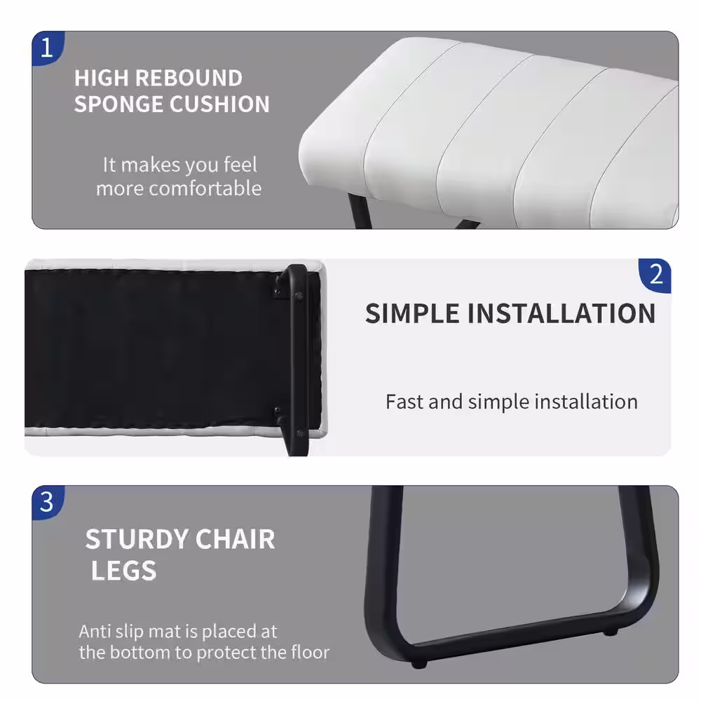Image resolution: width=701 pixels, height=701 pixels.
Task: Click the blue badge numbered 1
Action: click(x=48, y=48)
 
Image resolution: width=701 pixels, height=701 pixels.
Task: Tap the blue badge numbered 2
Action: click(x=655, y=275)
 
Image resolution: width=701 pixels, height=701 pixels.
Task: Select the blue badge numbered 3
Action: click(x=48, y=502)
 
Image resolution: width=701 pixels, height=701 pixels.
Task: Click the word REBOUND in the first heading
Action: click(x=189, y=79)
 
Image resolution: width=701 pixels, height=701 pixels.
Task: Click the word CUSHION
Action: click(x=219, y=104)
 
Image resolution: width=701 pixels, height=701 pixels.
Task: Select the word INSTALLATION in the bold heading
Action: click(x=562, y=313)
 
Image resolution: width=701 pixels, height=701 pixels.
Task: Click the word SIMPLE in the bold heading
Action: click(x=412, y=313)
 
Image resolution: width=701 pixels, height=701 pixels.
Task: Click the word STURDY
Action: click(x=137, y=539)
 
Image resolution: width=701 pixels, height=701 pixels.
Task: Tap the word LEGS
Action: click(x=124, y=571)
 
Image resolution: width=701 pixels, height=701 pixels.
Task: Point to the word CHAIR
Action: click(x=235, y=539)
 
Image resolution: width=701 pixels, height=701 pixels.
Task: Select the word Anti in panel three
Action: click(x=95, y=632)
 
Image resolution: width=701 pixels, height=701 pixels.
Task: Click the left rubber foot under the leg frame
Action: click(x=418, y=665)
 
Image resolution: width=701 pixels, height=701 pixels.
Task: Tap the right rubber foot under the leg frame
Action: click(x=611, y=632)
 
